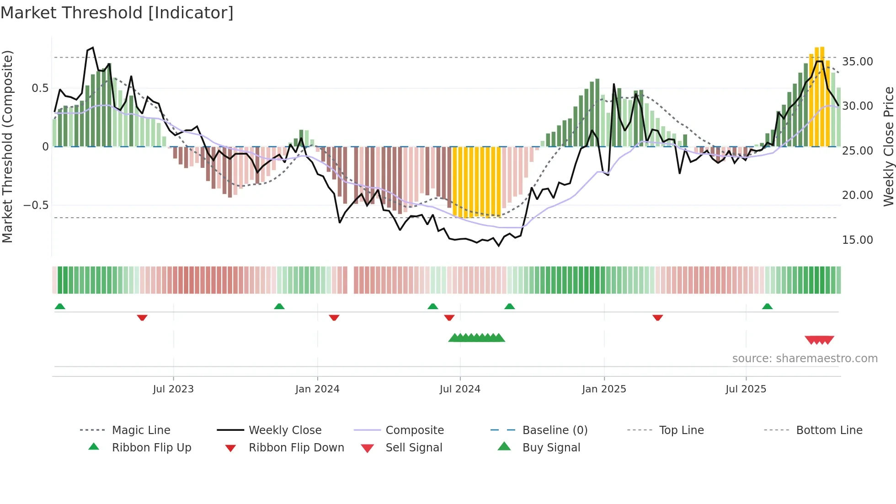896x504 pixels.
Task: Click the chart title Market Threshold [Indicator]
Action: [117, 13]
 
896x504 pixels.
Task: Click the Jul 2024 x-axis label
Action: [460, 389]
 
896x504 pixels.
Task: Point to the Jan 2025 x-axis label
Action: [604, 389]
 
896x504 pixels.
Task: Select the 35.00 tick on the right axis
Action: [857, 61]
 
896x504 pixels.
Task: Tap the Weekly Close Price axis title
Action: [888, 146]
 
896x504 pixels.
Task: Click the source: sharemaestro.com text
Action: [805, 358]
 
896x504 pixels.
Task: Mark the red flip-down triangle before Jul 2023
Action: [142, 317]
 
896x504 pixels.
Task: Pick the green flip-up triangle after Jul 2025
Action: [767, 306]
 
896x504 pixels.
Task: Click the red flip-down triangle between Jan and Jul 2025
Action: [658, 317]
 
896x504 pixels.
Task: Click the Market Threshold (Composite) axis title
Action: [7, 146]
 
